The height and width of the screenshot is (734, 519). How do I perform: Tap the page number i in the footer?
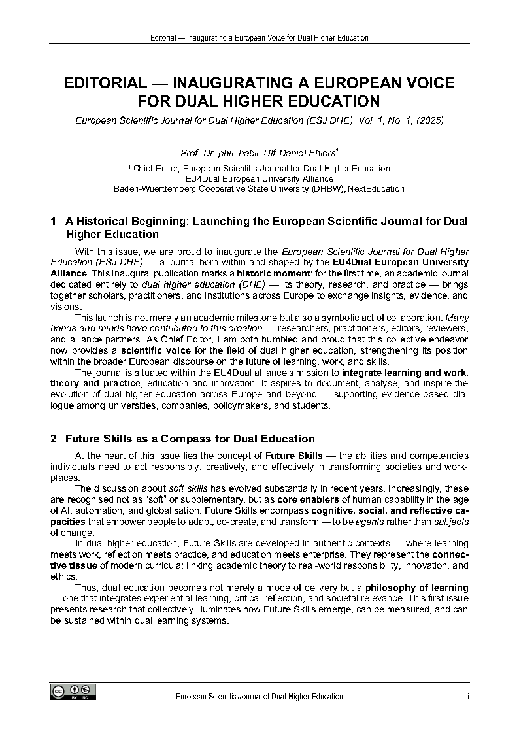[468, 697]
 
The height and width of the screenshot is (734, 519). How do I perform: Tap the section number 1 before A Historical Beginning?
[53, 222]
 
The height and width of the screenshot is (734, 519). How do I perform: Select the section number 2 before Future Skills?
[53, 439]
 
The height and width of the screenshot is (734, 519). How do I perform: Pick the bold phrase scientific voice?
[156, 350]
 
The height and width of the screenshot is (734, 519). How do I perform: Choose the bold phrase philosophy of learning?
[416, 588]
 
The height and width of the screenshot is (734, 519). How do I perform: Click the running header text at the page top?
[259, 38]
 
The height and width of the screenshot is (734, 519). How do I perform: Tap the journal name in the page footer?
[259, 697]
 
